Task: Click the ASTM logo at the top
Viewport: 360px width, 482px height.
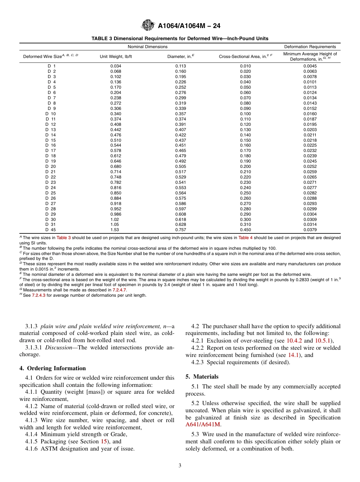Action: pos(148,26)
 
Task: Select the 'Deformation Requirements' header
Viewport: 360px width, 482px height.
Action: pos(310,47)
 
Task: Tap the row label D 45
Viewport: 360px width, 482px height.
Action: pos(51,230)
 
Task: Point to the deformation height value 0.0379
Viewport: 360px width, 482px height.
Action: pos(310,230)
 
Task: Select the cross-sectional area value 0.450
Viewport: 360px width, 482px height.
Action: pos(245,230)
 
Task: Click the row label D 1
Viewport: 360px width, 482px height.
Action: pos(52,66)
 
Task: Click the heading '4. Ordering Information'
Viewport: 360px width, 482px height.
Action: pos(53,368)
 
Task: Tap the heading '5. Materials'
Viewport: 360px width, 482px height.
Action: pos(202,377)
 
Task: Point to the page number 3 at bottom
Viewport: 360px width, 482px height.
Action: pos(180,466)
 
